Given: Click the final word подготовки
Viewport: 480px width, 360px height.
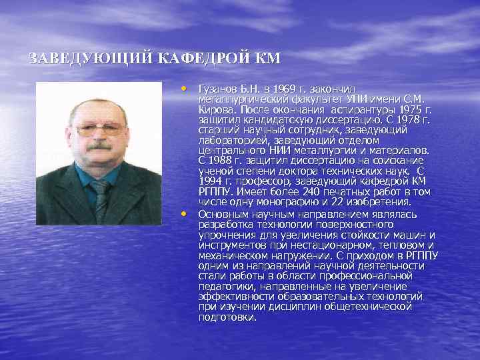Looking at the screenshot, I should pos(227,317).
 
